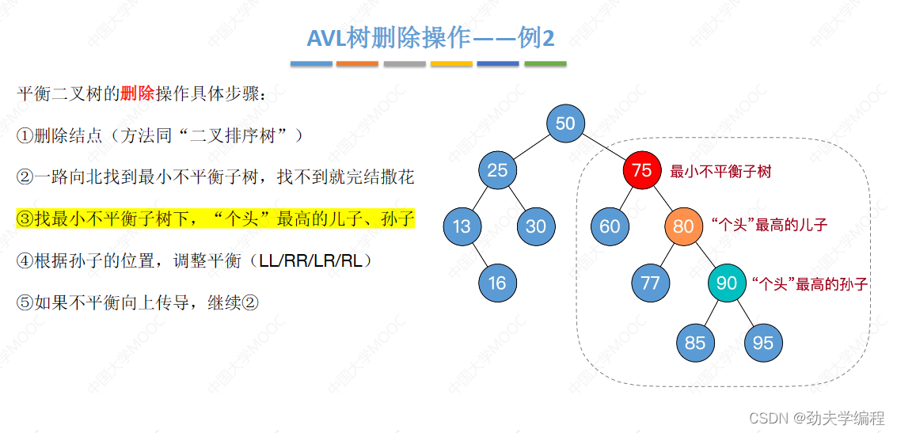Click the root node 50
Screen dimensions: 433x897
[565, 123]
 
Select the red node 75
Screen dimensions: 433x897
[641, 170]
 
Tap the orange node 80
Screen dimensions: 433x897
[683, 226]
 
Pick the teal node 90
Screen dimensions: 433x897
[726, 283]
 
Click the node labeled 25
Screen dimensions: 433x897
[497, 170]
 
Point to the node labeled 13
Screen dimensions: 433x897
[462, 226]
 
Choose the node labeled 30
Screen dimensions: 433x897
[536, 226]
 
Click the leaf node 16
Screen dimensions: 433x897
[497, 283]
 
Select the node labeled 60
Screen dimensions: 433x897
[610, 226]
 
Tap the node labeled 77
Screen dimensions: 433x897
[650, 283]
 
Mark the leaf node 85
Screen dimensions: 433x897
[695, 343]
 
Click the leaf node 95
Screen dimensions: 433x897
[763, 343]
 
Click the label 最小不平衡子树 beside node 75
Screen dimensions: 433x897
[720, 171]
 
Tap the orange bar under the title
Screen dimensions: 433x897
[357, 63]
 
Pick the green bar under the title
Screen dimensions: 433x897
[545, 63]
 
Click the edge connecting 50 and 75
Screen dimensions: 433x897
[603, 147]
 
